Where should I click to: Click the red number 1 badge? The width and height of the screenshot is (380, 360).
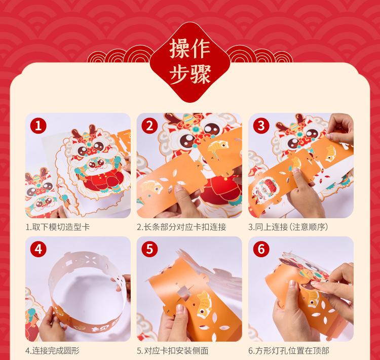[x=39, y=126]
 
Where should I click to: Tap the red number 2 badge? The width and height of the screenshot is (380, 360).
[x=149, y=126]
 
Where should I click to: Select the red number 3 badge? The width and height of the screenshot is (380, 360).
[x=261, y=126]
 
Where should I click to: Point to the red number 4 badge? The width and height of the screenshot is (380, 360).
[x=39, y=249]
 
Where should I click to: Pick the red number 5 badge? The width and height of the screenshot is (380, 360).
[x=149, y=249]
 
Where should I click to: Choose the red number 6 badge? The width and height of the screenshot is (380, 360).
[x=261, y=249]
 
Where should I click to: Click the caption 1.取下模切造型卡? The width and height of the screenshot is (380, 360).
[x=58, y=227]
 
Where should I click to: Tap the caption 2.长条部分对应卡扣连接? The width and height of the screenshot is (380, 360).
[x=181, y=227]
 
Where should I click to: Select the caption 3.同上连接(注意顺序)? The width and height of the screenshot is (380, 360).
[x=288, y=227]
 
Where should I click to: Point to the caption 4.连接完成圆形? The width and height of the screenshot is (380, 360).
[x=52, y=350]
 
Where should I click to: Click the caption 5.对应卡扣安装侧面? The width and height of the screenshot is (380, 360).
[x=173, y=350]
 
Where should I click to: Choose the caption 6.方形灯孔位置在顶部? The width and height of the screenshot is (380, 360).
[x=289, y=350]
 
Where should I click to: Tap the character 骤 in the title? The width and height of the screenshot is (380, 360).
[x=201, y=74]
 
